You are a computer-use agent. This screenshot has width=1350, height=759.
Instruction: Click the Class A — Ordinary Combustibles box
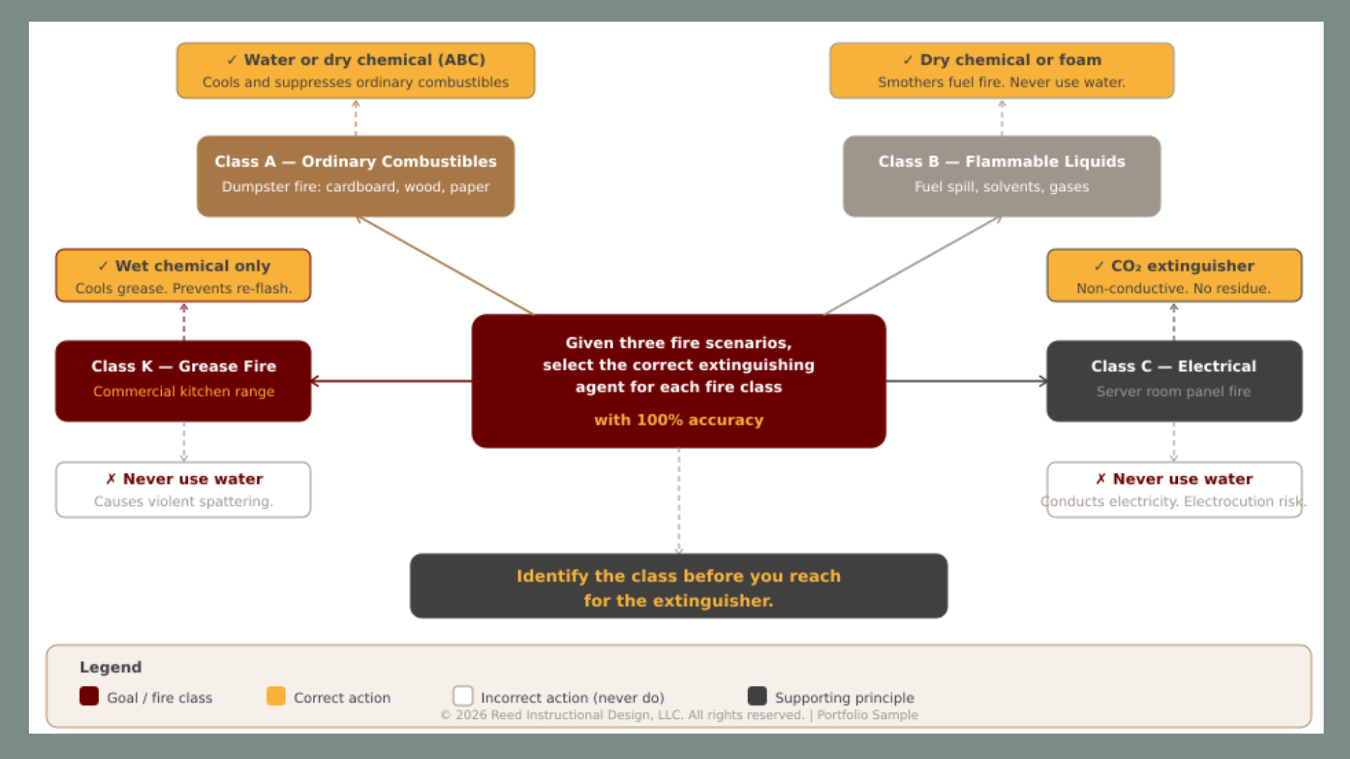tap(355, 176)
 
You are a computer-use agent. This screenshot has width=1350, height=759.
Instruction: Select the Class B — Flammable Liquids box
tap(1001, 176)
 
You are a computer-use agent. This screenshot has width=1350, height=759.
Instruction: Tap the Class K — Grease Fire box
tap(183, 380)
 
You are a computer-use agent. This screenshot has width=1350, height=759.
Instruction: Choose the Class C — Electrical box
tap(1174, 380)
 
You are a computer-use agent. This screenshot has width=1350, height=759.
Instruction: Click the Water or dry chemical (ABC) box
tap(355, 70)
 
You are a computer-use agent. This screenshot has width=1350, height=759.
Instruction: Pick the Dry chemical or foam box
tap(1001, 70)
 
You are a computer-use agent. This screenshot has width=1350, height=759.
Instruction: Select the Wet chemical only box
tap(183, 275)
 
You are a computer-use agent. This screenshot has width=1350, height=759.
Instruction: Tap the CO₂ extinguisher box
tap(1174, 275)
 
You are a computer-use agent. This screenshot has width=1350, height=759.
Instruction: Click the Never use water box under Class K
tap(183, 489)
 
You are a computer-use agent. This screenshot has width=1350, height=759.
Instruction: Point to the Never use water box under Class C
tap(1174, 489)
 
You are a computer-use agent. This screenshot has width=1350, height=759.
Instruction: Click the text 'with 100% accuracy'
tap(679, 420)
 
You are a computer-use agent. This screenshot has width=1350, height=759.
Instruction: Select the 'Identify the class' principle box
tap(679, 586)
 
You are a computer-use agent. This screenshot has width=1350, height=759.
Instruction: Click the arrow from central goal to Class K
tap(391, 381)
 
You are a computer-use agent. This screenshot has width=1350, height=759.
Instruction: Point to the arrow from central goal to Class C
tap(966, 381)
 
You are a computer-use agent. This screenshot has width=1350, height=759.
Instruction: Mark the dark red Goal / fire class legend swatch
tap(89, 696)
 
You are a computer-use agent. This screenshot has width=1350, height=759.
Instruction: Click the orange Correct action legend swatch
tap(276, 696)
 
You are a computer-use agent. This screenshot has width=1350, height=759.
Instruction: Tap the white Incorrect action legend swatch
tap(463, 696)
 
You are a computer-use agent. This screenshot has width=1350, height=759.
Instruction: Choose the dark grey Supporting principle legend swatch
tap(757, 696)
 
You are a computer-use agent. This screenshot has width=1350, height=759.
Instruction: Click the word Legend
tap(110, 667)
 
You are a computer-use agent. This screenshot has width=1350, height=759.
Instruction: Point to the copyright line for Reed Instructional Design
tap(679, 715)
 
